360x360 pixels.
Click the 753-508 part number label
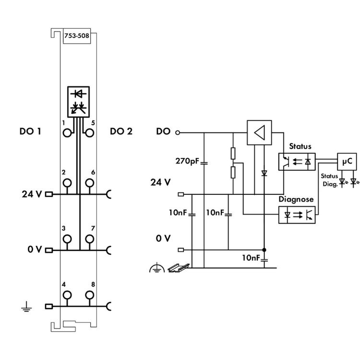[x=77, y=36]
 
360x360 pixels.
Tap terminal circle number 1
[x=67, y=132]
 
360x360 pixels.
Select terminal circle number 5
[x=90, y=132]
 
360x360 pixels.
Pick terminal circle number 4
[x=67, y=295]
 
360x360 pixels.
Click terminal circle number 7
[x=90, y=239]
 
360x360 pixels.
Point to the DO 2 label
[x=121, y=132]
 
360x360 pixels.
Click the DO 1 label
[x=30, y=132]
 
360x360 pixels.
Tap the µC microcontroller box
[x=347, y=162]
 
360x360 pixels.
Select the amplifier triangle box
[x=259, y=132]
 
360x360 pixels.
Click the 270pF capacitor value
[x=187, y=161]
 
